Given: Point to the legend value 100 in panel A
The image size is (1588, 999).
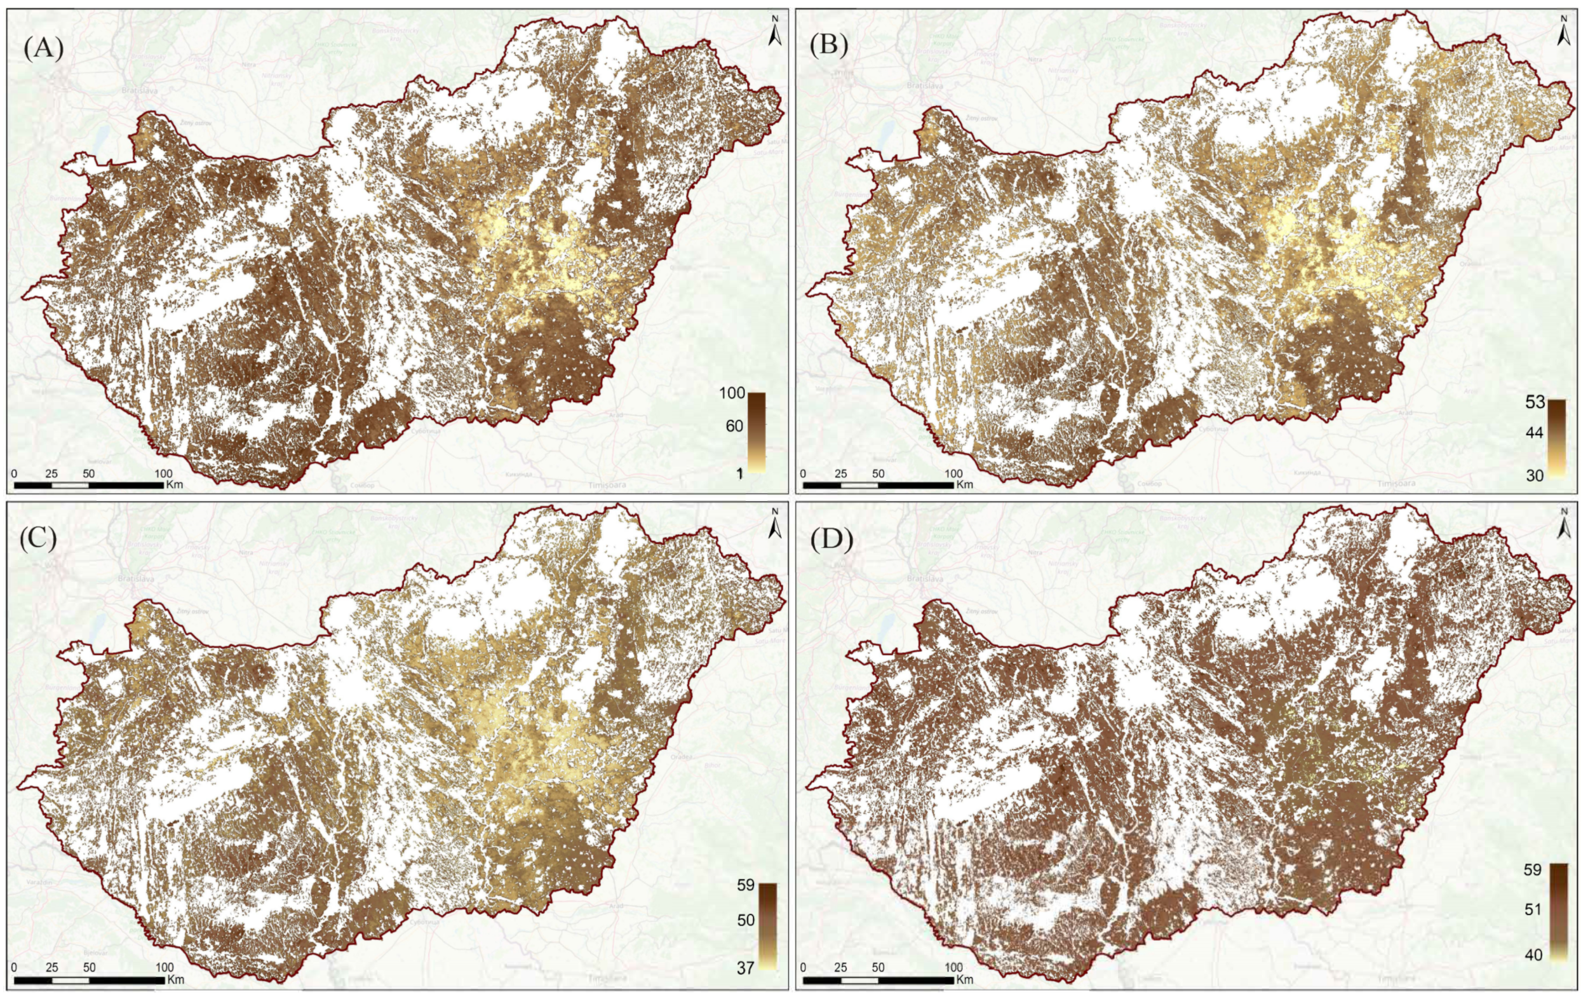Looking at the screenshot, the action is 732,394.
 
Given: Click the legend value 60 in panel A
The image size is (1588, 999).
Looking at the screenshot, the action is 734,426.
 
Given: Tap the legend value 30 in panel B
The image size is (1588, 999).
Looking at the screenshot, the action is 1535,475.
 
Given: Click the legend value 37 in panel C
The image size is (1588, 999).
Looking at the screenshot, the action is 745,968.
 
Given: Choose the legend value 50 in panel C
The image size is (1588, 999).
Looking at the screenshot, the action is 745,920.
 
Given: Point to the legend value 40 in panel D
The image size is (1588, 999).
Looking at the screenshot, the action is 1533,955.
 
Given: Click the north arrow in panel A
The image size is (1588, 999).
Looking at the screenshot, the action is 775,33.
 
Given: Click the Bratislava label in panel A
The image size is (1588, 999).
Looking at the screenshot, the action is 140,91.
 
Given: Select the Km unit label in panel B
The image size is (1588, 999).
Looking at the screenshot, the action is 964,484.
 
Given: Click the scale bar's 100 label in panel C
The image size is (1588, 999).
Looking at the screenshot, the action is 165,967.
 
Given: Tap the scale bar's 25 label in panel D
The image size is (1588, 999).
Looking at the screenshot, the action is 841,967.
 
